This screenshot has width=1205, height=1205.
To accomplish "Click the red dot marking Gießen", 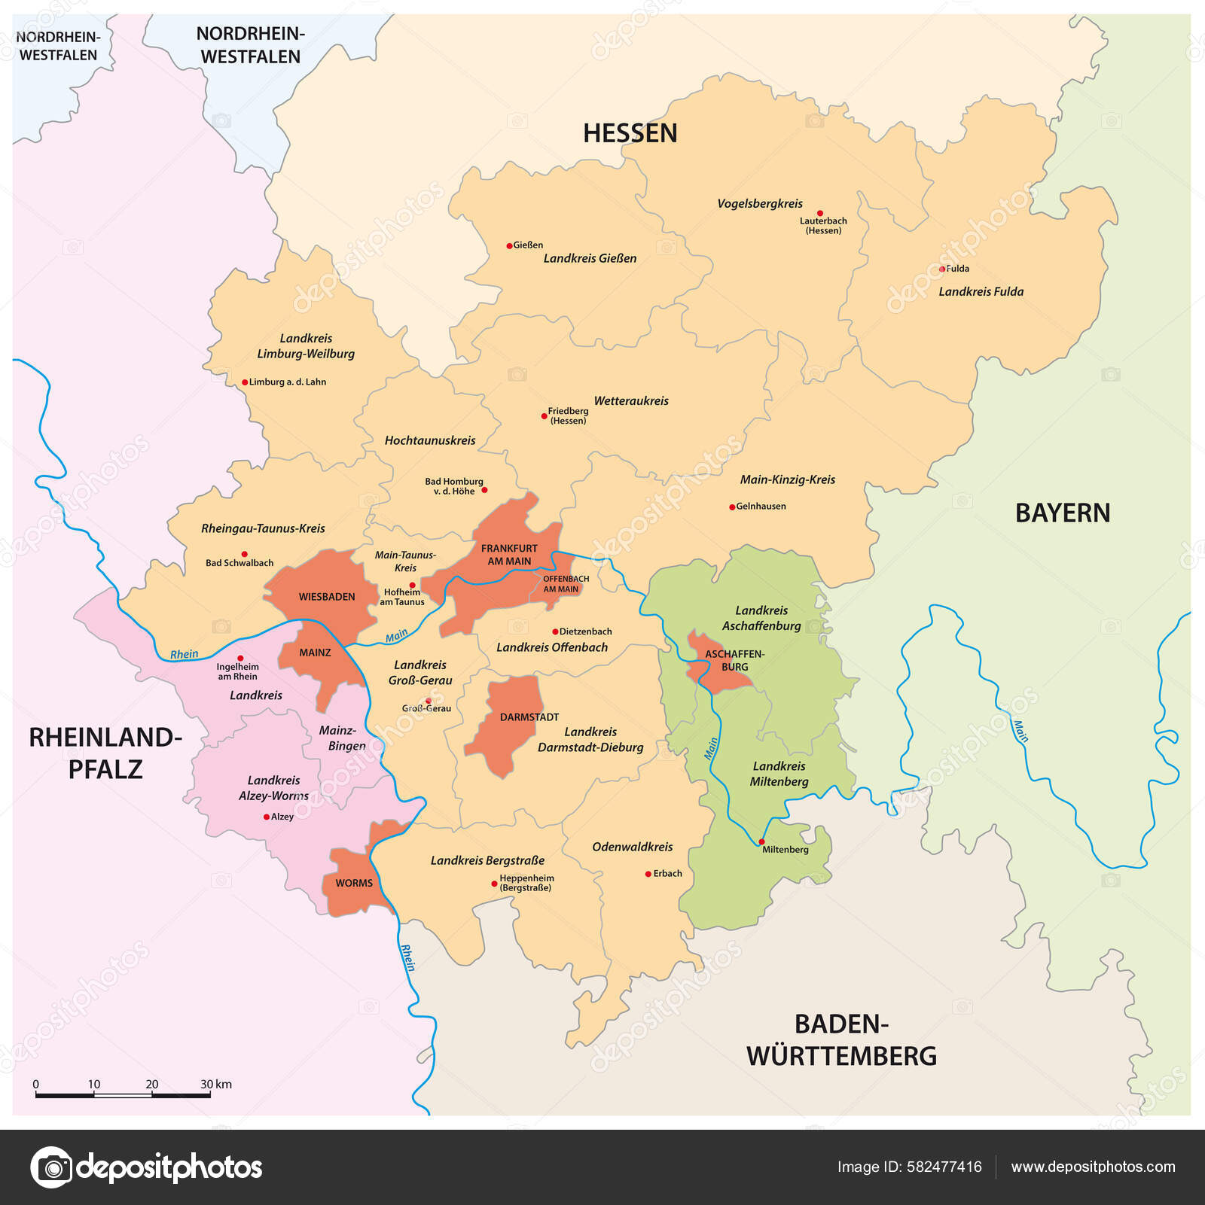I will coord(509,245).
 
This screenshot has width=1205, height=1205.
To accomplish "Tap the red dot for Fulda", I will coord(941,269).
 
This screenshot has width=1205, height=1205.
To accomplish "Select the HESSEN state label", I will coord(630,133).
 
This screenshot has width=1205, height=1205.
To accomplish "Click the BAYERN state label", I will coord(1062,513).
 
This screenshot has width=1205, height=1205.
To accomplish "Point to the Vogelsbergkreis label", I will coord(759,203).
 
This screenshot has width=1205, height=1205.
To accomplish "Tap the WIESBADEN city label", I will coord(326,597).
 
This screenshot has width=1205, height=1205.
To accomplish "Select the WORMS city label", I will coord(354,883).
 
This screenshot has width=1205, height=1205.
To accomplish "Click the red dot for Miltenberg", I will coord(761,841).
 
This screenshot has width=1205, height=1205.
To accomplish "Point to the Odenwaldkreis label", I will coord(632,847).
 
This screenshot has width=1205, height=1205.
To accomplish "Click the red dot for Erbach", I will coord(648,874).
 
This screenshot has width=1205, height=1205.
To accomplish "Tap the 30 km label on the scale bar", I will coord(215,1084).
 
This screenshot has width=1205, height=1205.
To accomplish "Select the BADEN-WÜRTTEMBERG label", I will coord(841,1039).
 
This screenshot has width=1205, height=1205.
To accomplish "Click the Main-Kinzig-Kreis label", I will coord(787,479).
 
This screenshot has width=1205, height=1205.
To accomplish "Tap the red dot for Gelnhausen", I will coord(731,507).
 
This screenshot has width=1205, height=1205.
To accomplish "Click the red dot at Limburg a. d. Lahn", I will coord(245,382).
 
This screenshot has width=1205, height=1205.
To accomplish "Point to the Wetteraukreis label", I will coord(631,401).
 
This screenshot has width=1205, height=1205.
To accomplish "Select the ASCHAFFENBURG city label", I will coord(734,660).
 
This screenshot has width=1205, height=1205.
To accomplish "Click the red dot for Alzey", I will coord(266,817).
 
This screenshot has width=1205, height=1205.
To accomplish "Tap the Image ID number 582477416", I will coord(944,1167).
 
